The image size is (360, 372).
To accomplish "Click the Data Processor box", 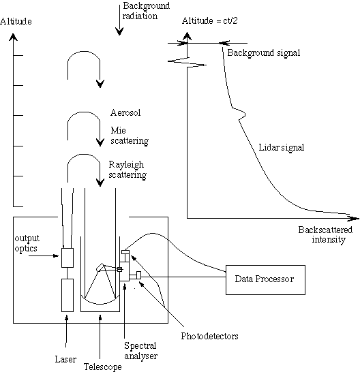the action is (x=265, y=280).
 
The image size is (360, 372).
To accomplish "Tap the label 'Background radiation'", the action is (x=146, y=11).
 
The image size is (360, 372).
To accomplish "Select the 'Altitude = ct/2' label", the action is (x=210, y=21).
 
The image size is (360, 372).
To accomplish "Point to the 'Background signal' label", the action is (x=264, y=52).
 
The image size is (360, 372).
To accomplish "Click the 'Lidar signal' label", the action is (x=281, y=148).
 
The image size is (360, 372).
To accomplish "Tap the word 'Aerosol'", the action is (x=125, y=112).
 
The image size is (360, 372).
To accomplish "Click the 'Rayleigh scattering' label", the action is (x=127, y=170).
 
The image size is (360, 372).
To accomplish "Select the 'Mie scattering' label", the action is (x=130, y=136).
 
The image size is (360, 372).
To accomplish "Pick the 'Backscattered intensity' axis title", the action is (x=325, y=234).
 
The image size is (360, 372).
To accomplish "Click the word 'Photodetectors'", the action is (x=209, y=336).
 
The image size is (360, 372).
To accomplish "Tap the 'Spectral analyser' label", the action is (x=140, y=351).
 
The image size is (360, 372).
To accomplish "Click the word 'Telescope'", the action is (x=102, y=367).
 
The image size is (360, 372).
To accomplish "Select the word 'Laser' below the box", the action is (x=65, y=359).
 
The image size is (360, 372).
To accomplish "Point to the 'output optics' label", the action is (x=27, y=243).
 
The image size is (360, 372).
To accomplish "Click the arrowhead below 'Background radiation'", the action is (x=119, y=31).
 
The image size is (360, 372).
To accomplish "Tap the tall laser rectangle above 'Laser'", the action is (x=67, y=295).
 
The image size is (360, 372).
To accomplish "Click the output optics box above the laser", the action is (x=67, y=258).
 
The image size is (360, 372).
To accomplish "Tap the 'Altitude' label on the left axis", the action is (x=16, y=21).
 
